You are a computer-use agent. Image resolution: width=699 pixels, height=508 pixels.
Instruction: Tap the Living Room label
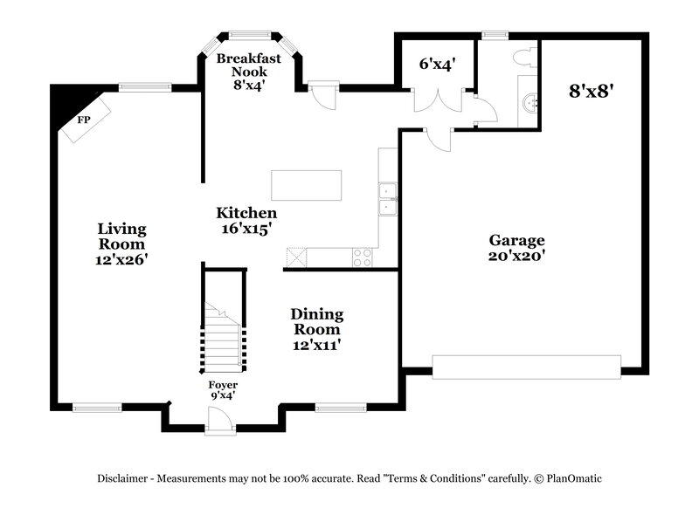121,237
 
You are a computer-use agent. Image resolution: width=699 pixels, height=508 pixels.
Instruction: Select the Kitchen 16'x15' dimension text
246,228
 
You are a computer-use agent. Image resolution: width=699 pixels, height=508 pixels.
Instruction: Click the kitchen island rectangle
306,185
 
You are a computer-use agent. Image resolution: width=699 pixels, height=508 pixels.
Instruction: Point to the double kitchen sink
387,199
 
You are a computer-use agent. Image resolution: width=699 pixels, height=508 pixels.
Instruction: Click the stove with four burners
362,257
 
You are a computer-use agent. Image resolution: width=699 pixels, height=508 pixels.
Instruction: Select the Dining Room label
316,321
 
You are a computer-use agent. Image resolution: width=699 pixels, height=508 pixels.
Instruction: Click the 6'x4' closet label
435,63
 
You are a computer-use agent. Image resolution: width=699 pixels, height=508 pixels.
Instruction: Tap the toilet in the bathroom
525,58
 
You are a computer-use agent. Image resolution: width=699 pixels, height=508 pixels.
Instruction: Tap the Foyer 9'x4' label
222,389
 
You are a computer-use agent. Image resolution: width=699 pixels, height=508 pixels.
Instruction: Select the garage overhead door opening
527,367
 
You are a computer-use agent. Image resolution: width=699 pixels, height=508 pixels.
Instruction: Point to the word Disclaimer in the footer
123,478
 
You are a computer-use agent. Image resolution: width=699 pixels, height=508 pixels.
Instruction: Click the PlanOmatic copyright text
569,478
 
